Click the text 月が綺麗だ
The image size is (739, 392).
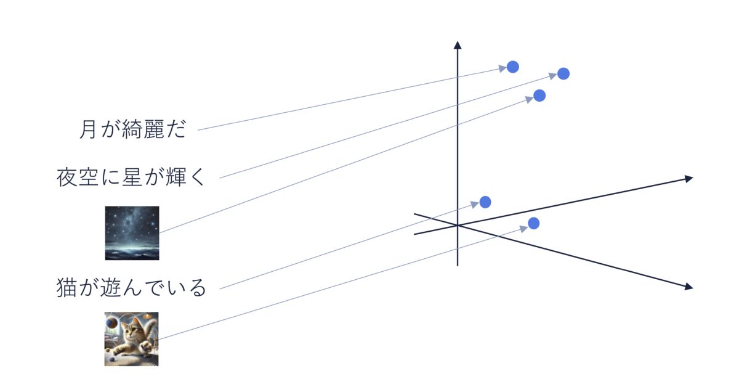[x=132, y=129]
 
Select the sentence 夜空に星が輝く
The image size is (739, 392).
[x=131, y=178]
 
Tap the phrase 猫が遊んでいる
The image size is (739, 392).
[x=131, y=288]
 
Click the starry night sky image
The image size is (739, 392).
[x=132, y=233]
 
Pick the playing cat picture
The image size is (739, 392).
[x=131, y=339]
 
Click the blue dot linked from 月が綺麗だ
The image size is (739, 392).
[x=512, y=67]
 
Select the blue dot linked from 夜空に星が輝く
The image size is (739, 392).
[x=563, y=73]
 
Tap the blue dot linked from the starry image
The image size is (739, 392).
[x=539, y=96]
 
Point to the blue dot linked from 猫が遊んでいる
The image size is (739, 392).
[x=485, y=202]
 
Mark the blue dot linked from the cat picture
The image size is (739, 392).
[x=533, y=224]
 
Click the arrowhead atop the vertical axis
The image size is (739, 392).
[x=457, y=45]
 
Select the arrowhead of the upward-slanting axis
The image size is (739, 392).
[x=689, y=179]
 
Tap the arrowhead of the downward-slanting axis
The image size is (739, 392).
[x=689, y=287]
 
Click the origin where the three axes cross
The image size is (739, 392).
[x=457, y=225]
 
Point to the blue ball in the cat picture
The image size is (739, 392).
[x=111, y=321]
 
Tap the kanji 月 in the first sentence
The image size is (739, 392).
[x=88, y=129]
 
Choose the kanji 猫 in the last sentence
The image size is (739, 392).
[x=67, y=288]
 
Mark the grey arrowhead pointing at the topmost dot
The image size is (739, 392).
[x=502, y=68]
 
